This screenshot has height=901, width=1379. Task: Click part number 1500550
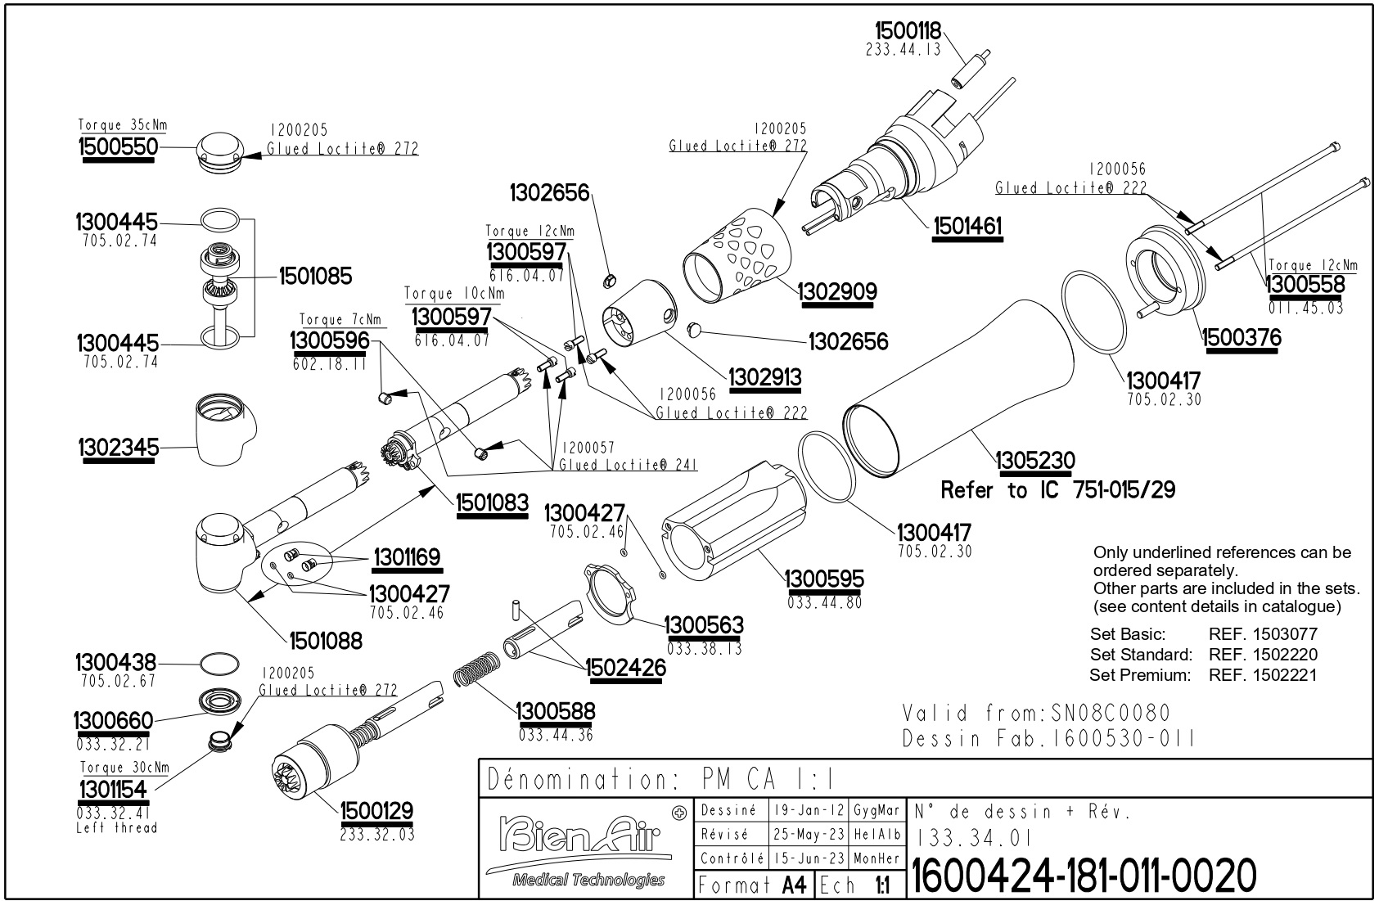click(x=116, y=147)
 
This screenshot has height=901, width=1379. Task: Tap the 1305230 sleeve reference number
click(x=1034, y=461)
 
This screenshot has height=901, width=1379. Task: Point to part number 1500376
click(x=1241, y=337)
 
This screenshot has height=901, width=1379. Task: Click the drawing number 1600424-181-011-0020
click(x=1083, y=876)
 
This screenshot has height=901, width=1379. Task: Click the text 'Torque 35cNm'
click(x=123, y=125)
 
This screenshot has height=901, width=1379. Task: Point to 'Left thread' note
click(x=116, y=827)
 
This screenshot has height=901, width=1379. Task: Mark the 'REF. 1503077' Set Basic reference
click(x=1263, y=633)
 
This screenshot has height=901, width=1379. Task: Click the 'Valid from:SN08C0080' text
click(x=1036, y=713)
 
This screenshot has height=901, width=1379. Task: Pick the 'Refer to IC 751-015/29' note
click(x=1057, y=490)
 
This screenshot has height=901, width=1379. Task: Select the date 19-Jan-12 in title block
click(x=809, y=811)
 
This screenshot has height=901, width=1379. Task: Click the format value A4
click(x=794, y=885)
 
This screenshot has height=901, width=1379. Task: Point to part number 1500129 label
click(x=376, y=811)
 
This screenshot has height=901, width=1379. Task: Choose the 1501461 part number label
click(x=967, y=225)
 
